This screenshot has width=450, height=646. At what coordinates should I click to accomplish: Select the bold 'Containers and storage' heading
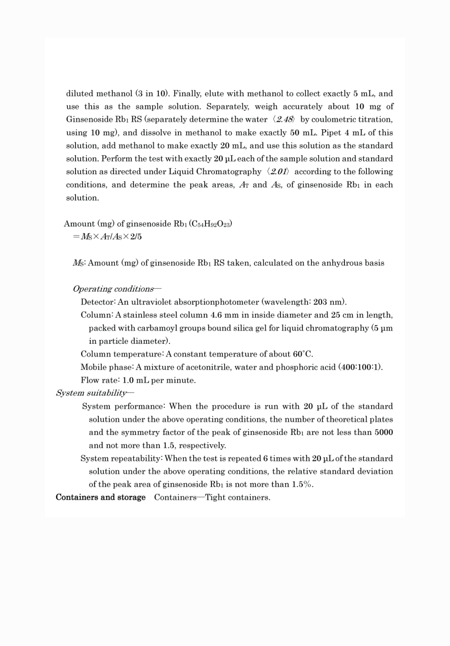click(x=101, y=497)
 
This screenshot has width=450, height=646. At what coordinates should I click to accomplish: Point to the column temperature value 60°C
click(x=303, y=354)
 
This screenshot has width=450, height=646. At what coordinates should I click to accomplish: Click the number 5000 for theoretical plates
click(x=384, y=432)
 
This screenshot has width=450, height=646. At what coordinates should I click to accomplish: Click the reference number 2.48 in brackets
click(x=284, y=119)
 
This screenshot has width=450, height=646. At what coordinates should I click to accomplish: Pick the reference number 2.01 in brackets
click(x=278, y=172)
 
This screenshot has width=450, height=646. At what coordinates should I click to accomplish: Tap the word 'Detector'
click(x=97, y=302)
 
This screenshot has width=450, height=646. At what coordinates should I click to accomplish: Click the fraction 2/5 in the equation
click(x=136, y=237)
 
